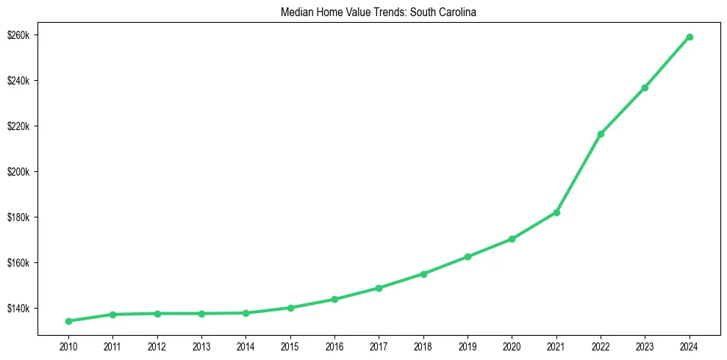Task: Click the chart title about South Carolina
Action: point(379,12)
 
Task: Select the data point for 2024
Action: point(690,37)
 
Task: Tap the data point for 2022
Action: point(601,134)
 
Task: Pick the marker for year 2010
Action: point(68,321)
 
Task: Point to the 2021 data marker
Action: point(556,212)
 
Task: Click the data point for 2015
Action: point(290,308)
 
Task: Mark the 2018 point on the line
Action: point(423,274)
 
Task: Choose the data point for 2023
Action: point(645,87)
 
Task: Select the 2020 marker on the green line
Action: point(512,239)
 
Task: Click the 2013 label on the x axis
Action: point(201,346)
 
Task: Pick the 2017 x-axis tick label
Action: point(379,346)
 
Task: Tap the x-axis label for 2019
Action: point(468,346)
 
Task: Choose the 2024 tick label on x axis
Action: point(690,346)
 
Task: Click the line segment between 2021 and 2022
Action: point(579,173)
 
